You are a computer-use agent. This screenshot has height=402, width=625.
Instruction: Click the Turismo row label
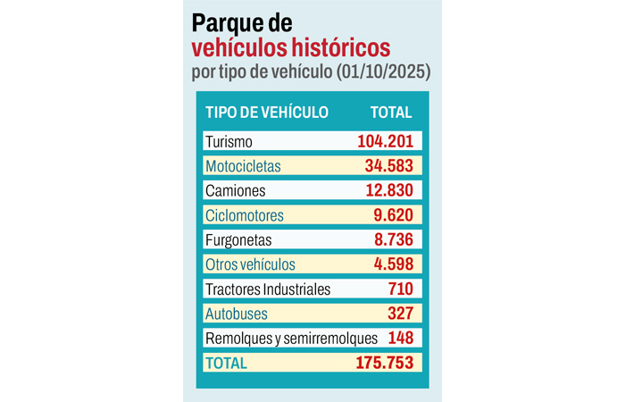[229, 141]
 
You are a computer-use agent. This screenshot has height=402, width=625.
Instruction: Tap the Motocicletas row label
[242, 166]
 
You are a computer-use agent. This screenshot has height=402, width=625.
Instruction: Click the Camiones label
[235, 190]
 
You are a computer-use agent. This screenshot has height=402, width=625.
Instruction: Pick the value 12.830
[388, 190]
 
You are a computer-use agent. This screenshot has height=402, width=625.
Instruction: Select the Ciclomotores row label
[244, 215]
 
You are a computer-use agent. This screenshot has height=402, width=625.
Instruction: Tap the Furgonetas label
[237, 239]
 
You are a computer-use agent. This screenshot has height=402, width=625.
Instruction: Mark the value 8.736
[393, 239]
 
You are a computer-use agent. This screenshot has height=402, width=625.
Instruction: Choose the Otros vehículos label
[250, 264]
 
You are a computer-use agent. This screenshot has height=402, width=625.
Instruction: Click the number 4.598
[393, 264]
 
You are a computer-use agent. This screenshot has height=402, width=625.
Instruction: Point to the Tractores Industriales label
[267, 289]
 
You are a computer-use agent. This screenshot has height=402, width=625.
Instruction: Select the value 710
[399, 289]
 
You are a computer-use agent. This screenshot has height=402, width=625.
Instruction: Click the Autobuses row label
[235, 314]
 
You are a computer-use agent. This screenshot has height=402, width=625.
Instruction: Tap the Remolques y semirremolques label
[291, 339]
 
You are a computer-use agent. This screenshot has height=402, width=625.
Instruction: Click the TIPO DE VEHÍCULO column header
[267, 113]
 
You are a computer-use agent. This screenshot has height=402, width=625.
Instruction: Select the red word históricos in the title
[338, 46]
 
